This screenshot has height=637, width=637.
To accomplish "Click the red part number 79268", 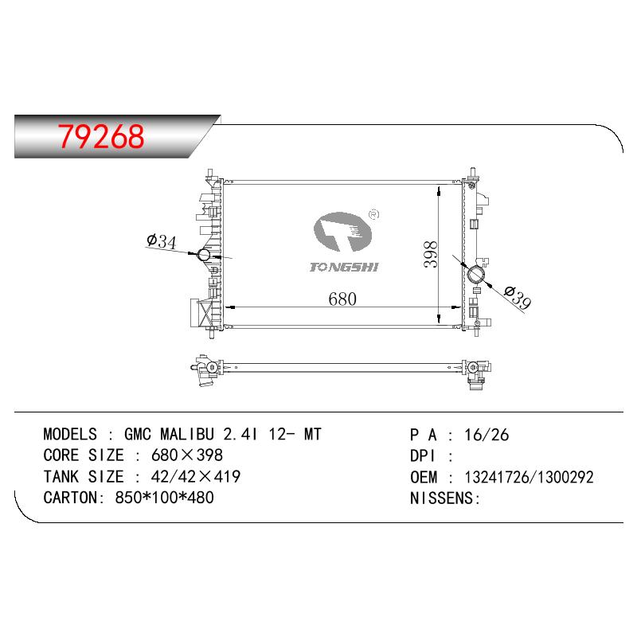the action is click(101, 136).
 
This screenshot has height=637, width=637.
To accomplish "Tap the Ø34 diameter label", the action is click(162, 241).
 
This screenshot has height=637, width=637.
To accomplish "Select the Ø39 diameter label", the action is click(517, 297).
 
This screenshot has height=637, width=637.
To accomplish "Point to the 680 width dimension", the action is click(342, 299).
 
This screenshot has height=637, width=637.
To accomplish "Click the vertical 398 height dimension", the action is click(431, 254).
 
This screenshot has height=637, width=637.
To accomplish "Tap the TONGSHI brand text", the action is click(344, 267).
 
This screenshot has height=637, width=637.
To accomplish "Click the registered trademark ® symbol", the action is click(373, 214).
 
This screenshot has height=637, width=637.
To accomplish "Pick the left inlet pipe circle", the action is click(204, 255).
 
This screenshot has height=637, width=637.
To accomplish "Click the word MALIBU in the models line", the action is click(187, 434).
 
